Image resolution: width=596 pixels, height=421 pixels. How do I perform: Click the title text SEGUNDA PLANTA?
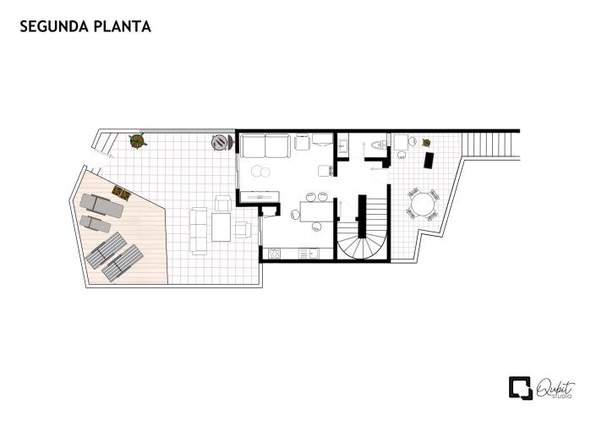tap(85, 27)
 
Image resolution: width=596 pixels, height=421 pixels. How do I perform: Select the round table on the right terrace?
tap(424, 204)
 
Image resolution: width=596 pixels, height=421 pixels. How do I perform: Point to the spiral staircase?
tap(364, 238)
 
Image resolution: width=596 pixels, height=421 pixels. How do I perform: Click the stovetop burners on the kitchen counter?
tap(275, 253)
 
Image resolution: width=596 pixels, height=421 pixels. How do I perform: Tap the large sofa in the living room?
tap(265, 146)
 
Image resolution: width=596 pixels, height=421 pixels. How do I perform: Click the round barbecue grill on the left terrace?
tap(220, 142)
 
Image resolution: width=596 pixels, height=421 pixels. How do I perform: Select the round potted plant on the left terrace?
tap(138, 141)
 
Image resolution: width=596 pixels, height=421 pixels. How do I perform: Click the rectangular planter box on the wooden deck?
tap(121, 194)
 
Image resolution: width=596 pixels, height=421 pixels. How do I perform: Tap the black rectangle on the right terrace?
tap(429, 159)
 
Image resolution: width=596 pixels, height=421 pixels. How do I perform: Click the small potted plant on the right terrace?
tap(427, 143)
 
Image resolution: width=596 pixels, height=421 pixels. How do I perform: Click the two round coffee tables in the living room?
tap(262, 172)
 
